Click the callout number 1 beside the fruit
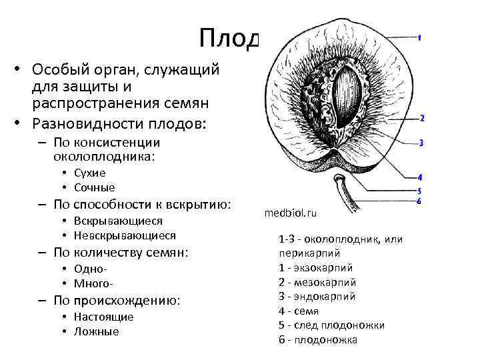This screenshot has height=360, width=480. (419, 37)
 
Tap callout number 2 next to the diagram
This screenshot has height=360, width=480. (422, 118)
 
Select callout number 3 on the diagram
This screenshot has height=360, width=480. (422, 143)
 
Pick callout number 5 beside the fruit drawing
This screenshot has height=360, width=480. (419, 191)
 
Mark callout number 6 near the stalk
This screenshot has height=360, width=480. (419, 201)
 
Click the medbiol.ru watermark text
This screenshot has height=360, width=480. (291, 214)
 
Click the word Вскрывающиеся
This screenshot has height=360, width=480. (118, 221)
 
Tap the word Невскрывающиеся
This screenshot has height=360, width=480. (125, 235)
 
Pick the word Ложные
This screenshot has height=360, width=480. (96, 331)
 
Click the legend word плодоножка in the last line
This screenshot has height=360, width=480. (327, 340)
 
